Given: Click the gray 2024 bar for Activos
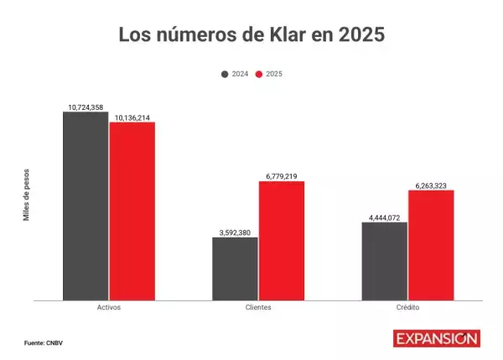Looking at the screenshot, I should (x=86, y=206).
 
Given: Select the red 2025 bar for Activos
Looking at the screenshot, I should (x=132, y=211).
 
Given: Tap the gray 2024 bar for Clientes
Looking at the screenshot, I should (x=235, y=269).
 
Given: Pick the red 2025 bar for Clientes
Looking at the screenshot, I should (x=282, y=240).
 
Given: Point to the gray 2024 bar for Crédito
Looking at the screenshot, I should (x=385, y=261).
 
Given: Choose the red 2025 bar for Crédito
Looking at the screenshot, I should (x=431, y=245).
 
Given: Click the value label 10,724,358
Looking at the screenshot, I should (x=86, y=107).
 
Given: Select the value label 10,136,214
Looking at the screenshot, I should (x=132, y=117).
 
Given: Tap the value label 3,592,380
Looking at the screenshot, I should (x=235, y=232).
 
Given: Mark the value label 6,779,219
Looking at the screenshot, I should (x=282, y=176).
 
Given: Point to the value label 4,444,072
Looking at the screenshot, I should (x=385, y=217).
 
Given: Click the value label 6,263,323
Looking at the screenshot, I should (x=431, y=185).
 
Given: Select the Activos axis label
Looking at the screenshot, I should (x=109, y=308).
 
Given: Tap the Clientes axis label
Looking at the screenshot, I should (x=258, y=308).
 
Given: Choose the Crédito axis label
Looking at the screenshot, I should (x=407, y=308).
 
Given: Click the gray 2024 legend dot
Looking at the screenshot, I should (x=225, y=74).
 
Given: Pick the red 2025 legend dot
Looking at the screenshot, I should (x=259, y=74).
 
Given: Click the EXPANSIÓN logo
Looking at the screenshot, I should (x=437, y=338).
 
